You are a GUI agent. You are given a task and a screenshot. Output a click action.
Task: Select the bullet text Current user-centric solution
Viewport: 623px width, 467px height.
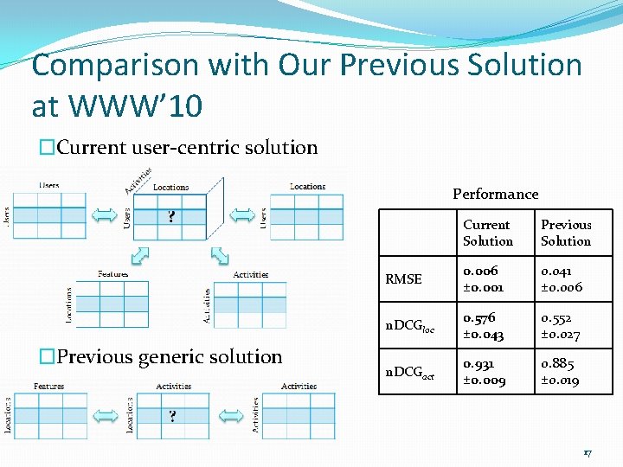pyautogui.click(x=187, y=147)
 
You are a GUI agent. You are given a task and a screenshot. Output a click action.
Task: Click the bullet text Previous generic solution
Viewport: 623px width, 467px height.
pyautogui.click(x=170, y=356)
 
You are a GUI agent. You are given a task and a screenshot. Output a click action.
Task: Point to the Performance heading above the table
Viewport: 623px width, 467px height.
pyautogui.click(x=495, y=194)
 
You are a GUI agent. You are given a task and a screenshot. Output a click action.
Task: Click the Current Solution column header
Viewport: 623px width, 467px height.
pyautogui.click(x=487, y=233)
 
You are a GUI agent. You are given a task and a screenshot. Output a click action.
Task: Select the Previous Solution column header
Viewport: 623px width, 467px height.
pyautogui.click(x=566, y=233)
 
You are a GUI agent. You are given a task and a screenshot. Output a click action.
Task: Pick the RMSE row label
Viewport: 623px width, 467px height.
pyautogui.click(x=403, y=279)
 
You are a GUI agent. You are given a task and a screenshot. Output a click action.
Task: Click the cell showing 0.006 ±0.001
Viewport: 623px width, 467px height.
pyautogui.click(x=481, y=279)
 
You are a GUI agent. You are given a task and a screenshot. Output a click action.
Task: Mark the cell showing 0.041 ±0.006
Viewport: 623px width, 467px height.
pyautogui.click(x=562, y=279)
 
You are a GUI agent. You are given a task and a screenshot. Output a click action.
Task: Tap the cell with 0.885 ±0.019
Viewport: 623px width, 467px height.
pyautogui.click(x=561, y=372)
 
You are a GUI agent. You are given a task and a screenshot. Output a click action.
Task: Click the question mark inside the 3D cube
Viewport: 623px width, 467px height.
pyautogui.click(x=172, y=215)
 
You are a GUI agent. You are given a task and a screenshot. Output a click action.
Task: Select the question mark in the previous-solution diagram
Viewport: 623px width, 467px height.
pyautogui.click(x=172, y=416)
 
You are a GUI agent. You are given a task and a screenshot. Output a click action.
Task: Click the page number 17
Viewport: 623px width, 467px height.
pyautogui.click(x=588, y=452)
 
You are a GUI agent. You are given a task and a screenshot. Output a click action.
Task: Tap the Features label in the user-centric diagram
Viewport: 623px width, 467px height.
pyautogui.click(x=113, y=274)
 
